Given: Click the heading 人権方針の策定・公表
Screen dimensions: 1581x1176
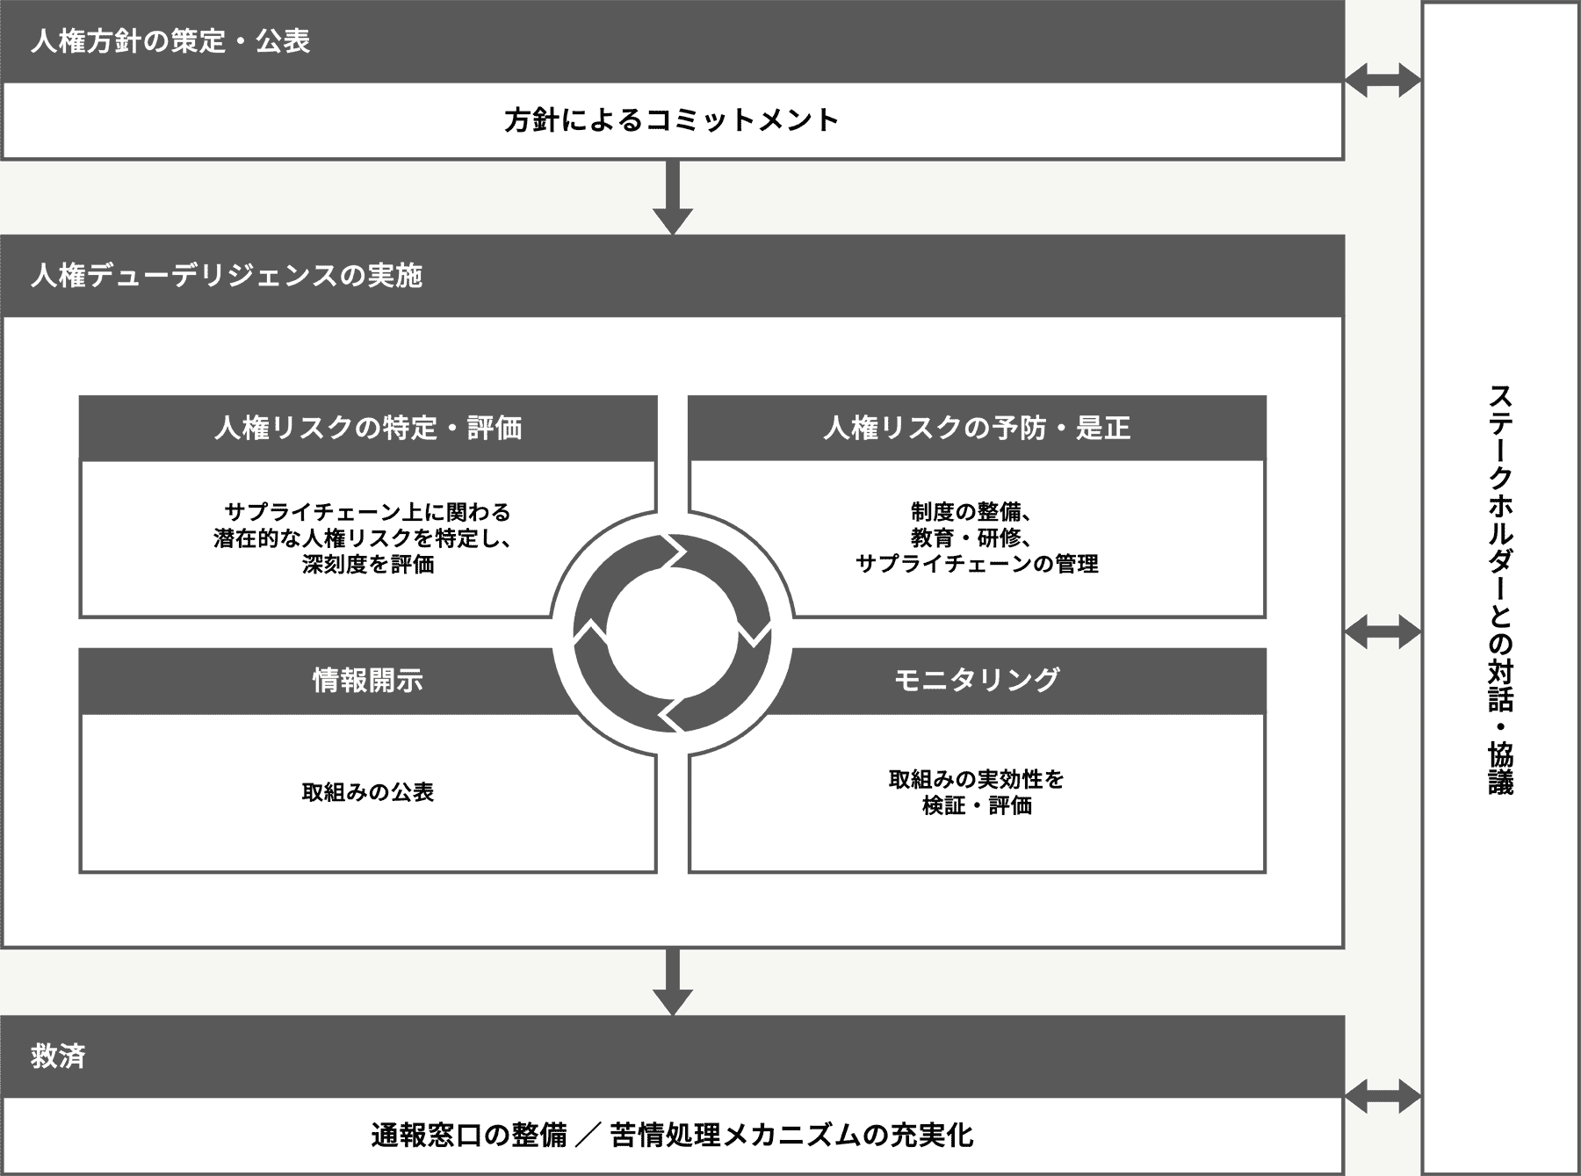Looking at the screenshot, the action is [170, 42].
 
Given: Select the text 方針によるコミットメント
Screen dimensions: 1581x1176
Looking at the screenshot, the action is [672, 120].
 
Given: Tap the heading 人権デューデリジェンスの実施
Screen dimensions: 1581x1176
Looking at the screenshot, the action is [227, 276].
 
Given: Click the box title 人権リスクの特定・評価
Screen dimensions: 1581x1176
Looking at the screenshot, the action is [368, 428].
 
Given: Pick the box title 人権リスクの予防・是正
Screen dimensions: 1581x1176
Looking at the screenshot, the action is [977, 428].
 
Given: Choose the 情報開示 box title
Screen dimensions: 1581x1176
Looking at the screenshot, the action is [368, 680].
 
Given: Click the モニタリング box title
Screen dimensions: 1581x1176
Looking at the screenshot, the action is [977, 680].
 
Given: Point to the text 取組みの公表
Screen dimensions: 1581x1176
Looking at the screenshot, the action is [368, 792].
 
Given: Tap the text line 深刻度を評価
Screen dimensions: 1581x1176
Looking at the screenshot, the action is [368, 564].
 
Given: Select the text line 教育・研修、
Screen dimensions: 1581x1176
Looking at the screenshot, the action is [971, 537].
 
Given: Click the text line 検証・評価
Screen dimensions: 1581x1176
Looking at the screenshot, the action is [977, 805].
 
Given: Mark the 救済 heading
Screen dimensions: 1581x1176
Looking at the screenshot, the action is [58, 1056].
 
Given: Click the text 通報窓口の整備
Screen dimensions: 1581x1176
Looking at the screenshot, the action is [469, 1136].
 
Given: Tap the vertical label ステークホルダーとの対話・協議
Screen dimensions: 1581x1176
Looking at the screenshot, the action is [1501, 588].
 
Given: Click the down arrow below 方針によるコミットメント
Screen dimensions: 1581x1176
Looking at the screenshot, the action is [673, 198].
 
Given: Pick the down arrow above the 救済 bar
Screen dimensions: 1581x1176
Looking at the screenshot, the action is [673, 982].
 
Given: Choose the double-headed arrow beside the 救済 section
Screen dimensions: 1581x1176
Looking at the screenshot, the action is [1383, 1096].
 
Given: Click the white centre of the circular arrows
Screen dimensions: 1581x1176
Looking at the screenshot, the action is [672, 632].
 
